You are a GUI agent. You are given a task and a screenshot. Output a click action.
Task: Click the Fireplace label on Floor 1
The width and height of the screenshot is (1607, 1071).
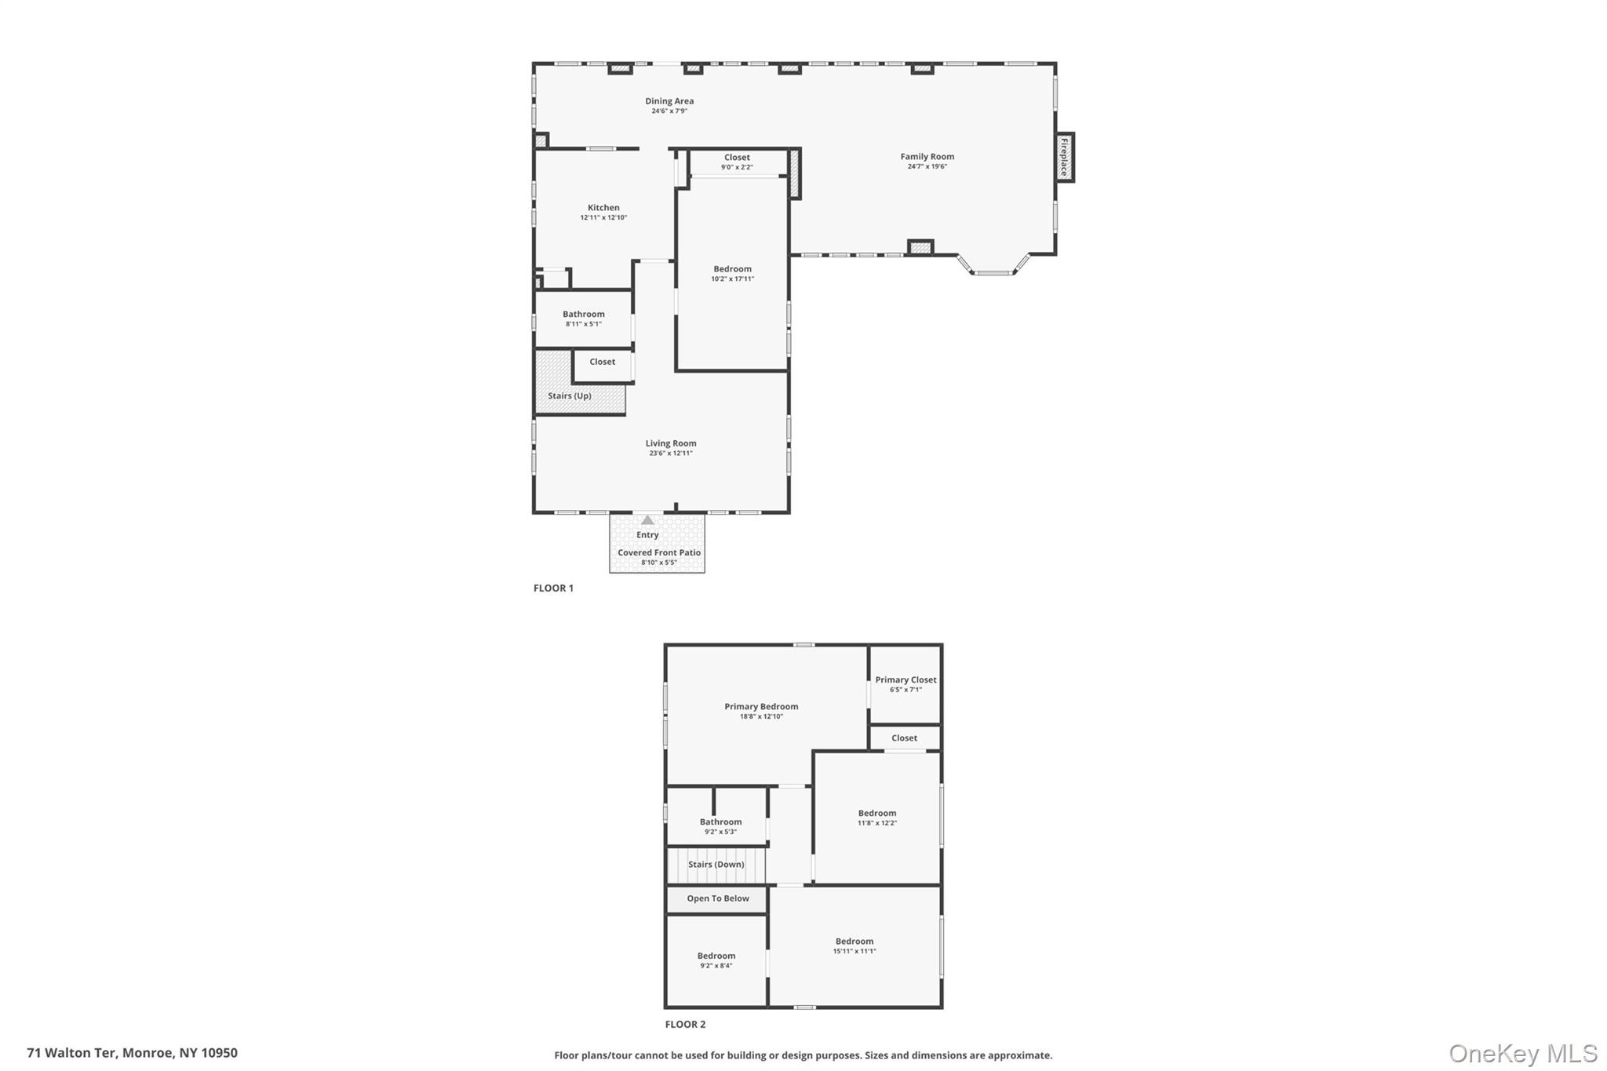(x=1064, y=157)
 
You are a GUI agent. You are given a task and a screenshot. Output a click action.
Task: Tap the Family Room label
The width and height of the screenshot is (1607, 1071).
(x=927, y=157)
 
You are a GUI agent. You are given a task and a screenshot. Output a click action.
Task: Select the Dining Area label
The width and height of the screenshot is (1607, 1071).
(x=669, y=101)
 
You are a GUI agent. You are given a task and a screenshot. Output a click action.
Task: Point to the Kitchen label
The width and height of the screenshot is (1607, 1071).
(x=603, y=208)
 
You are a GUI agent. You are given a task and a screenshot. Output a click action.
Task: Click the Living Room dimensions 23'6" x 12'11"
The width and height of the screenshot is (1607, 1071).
(x=671, y=454)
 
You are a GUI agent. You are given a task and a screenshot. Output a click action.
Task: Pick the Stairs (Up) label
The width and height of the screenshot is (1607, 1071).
(x=570, y=396)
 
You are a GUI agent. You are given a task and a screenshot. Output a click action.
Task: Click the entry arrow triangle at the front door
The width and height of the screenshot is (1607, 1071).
(x=647, y=520)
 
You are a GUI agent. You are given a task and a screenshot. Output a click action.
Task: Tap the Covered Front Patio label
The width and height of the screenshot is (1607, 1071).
(x=659, y=553)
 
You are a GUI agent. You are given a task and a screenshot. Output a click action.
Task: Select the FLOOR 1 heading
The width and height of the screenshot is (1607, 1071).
(x=553, y=588)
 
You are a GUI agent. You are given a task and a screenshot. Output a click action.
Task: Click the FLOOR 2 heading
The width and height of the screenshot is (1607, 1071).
(x=685, y=1025)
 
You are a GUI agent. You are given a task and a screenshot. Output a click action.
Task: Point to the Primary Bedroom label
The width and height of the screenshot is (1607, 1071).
(x=761, y=707)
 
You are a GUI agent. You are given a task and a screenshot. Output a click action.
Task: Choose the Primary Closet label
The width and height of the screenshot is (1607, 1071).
(x=906, y=680)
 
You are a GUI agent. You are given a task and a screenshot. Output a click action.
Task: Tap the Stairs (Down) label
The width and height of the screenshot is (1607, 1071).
(x=716, y=865)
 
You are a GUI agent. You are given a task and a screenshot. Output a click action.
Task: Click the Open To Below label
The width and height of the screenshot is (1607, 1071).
(x=718, y=899)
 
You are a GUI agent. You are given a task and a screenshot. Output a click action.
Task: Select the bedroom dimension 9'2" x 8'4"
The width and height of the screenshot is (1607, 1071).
(x=716, y=966)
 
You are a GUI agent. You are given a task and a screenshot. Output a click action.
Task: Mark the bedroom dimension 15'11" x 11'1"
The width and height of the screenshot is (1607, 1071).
(x=855, y=952)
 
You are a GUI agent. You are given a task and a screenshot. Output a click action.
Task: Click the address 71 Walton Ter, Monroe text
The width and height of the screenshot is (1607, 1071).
(x=132, y=1053)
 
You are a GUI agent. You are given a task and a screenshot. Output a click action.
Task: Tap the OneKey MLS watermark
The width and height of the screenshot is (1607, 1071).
(x=1522, y=1054)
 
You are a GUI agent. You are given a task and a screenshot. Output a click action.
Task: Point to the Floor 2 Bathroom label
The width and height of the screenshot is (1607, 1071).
(x=720, y=822)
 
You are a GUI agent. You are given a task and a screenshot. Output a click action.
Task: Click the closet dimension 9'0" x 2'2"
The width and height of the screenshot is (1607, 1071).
(x=737, y=168)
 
